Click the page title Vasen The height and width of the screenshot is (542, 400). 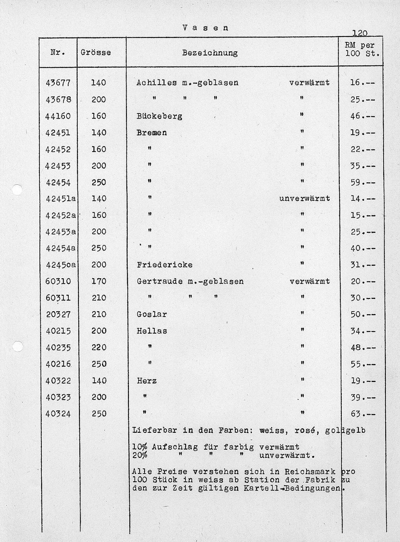point(205,28)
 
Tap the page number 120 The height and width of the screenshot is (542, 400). point(360,34)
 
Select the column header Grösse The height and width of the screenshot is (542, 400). point(96,52)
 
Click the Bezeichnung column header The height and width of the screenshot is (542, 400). point(210,52)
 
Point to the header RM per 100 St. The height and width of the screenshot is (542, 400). point(362,49)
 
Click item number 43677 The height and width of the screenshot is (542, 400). point(58,83)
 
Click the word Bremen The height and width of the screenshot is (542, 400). point(152,133)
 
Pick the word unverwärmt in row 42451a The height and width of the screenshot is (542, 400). point(305,198)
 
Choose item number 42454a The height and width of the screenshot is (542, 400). point(61,248)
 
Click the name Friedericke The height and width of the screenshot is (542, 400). point(164,265)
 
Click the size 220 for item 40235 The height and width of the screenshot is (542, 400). point(98,348)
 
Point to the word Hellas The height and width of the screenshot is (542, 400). point(152,331)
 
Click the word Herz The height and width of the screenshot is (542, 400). point(146,381)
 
